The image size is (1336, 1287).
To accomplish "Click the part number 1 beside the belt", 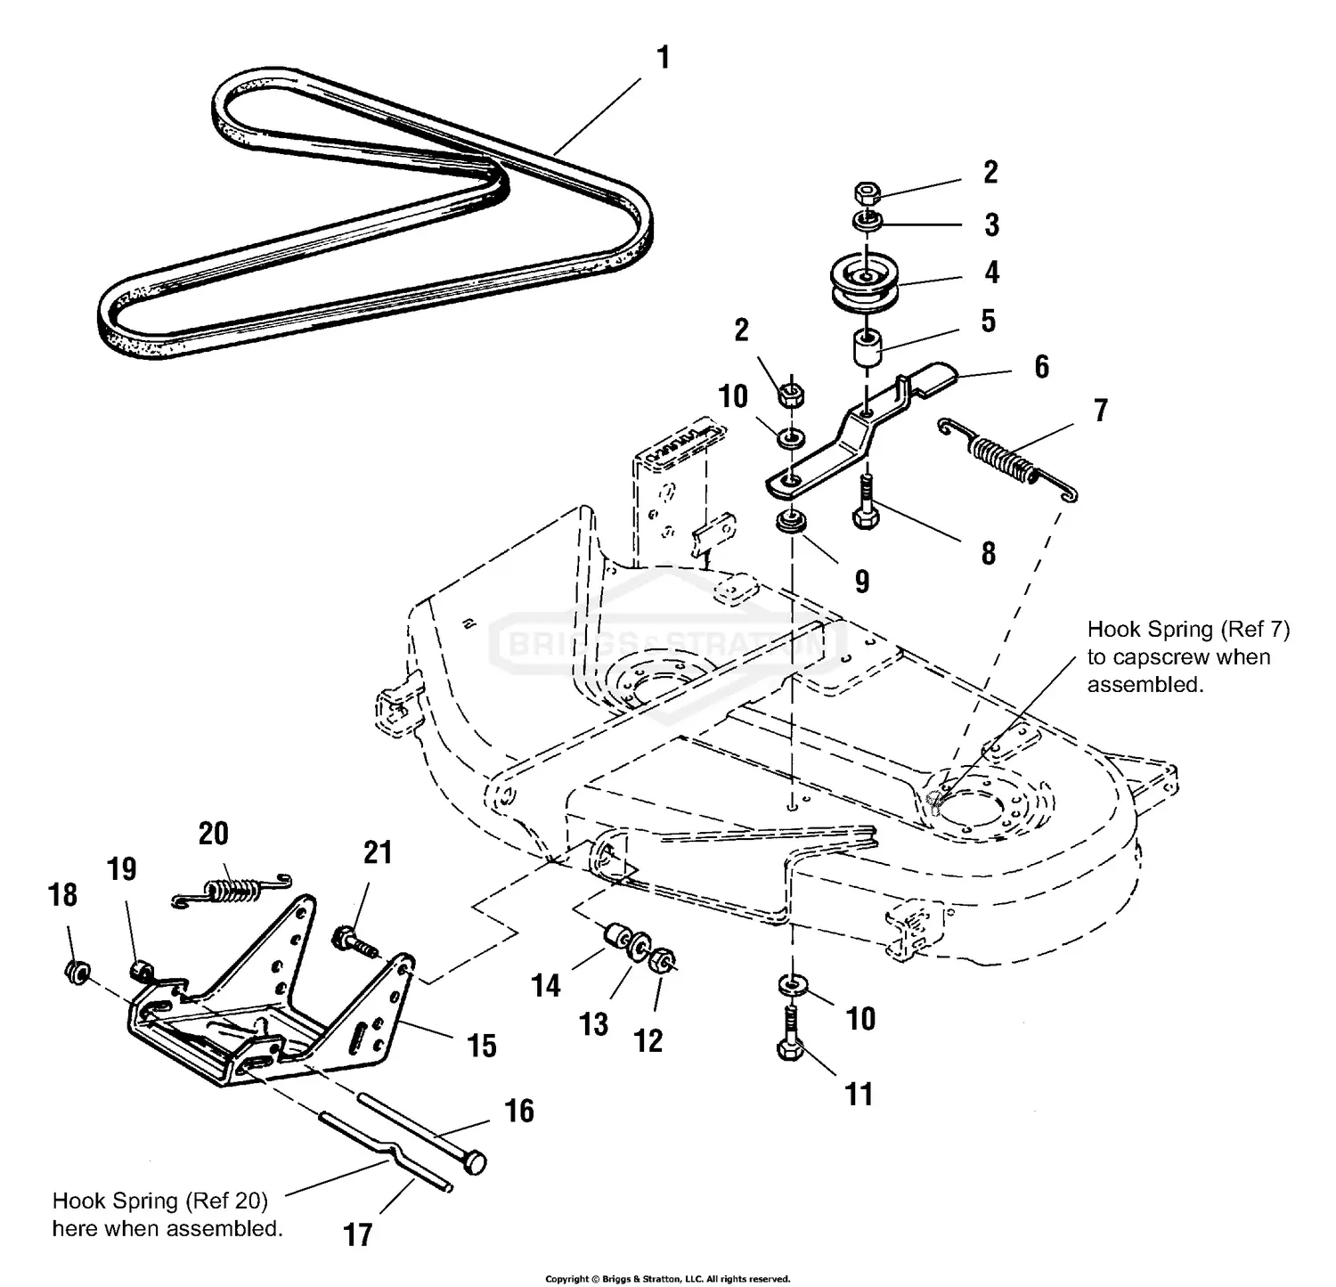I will pyautogui.click(x=663, y=59).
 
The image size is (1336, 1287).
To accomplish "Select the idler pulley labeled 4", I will pyautogui.click(x=862, y=283).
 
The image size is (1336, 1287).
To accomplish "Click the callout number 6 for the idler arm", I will pyautogui.click(x=1041, y=367).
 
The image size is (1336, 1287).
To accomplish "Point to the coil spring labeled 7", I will pyautogui.click(x=1007, y=454).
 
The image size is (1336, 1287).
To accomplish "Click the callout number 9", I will pyautogui.click(x=861, y=582).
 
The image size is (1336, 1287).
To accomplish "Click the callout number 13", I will pyautogui.click(x=593, y=1024).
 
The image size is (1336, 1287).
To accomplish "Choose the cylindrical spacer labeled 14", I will pyautogui.click(x=612, y=938).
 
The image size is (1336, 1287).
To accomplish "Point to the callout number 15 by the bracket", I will pyautogui.click(x=482, y=1046).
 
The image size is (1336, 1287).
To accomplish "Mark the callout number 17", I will pyautogui.click(x=358, y=1234).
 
